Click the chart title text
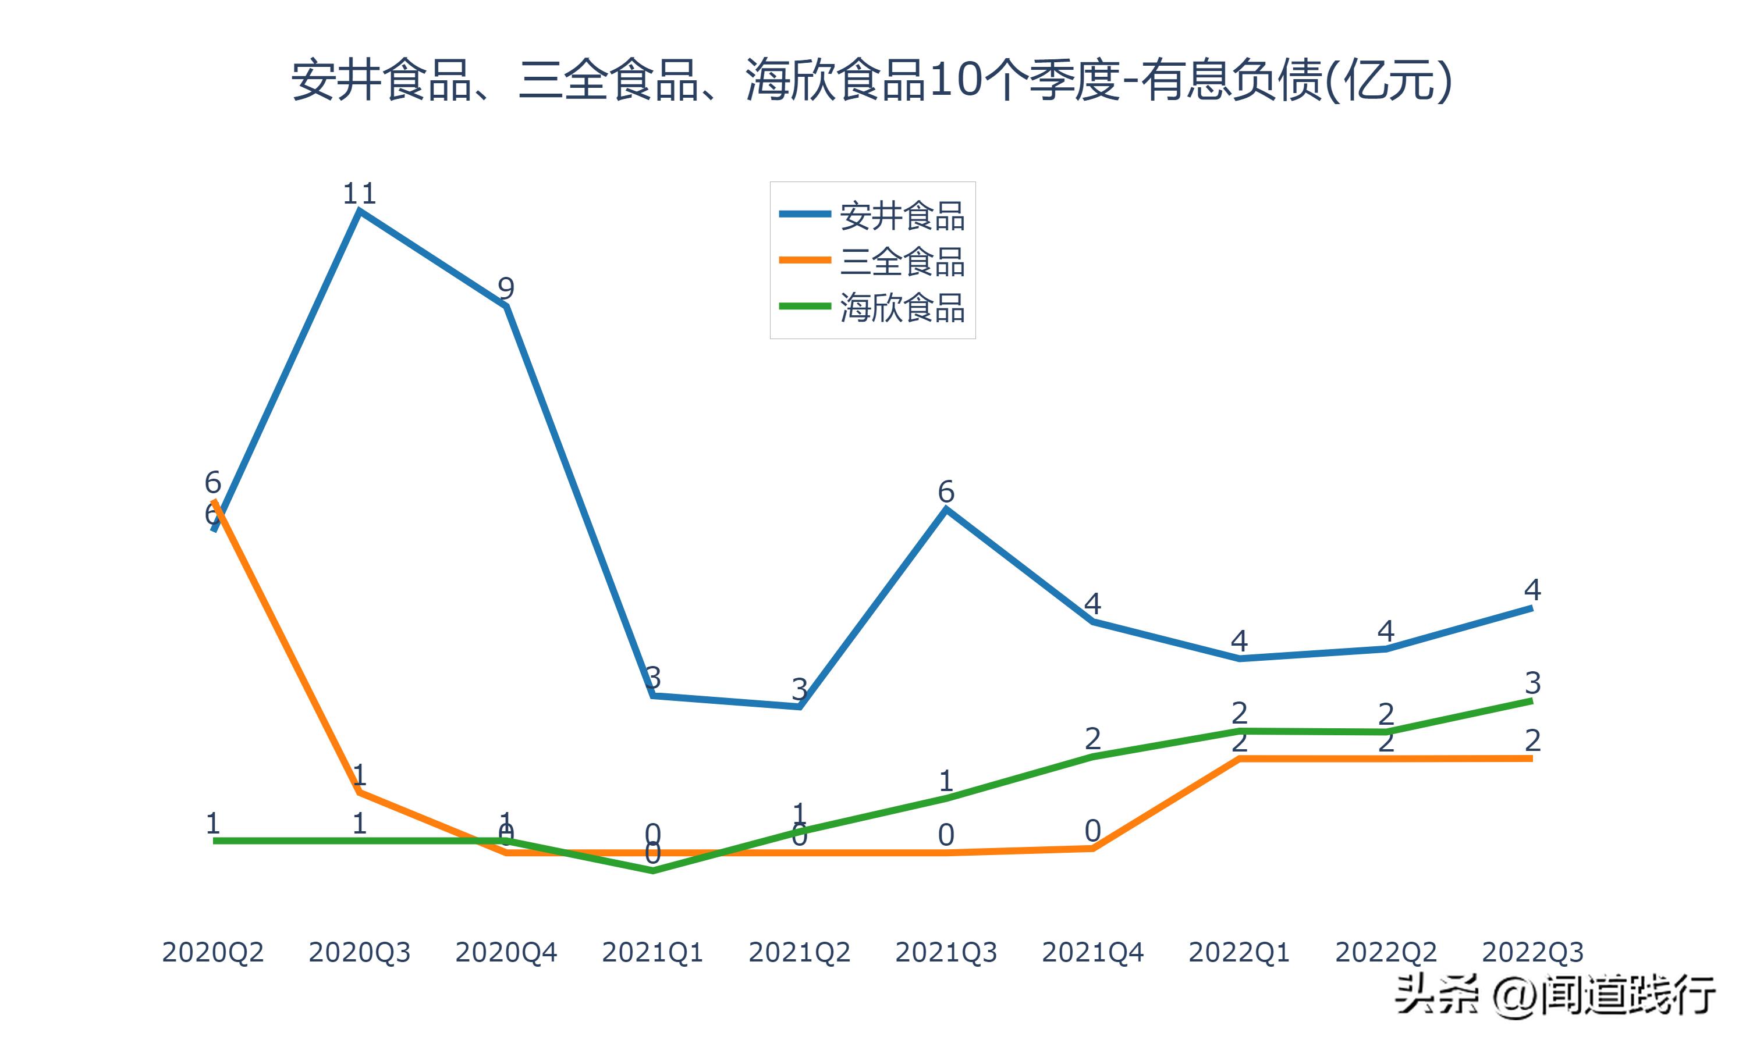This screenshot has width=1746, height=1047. click(872, 80)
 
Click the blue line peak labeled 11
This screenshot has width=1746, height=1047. click(360, 210)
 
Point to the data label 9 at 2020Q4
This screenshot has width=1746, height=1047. click(506, 289)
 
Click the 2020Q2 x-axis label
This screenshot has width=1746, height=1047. click(212, 952)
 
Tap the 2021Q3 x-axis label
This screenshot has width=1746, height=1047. click(946, 952)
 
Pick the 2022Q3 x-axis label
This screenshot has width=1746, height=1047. click(1532, 952)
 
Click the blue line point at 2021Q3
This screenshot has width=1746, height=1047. click(946, 509)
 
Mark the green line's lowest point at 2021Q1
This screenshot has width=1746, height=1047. click(653, 871)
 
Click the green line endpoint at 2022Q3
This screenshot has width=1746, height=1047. click(1531, 700)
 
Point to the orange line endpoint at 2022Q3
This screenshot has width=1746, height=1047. click(1531, 758)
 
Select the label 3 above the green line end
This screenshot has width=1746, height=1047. click(1532, 682)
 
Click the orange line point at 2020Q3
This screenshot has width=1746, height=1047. click(360, 792)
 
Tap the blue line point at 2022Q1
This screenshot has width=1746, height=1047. click(1239, 658)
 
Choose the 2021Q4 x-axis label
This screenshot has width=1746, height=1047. click(1092, 952)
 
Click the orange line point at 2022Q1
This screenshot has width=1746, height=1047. click(1239, 758)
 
